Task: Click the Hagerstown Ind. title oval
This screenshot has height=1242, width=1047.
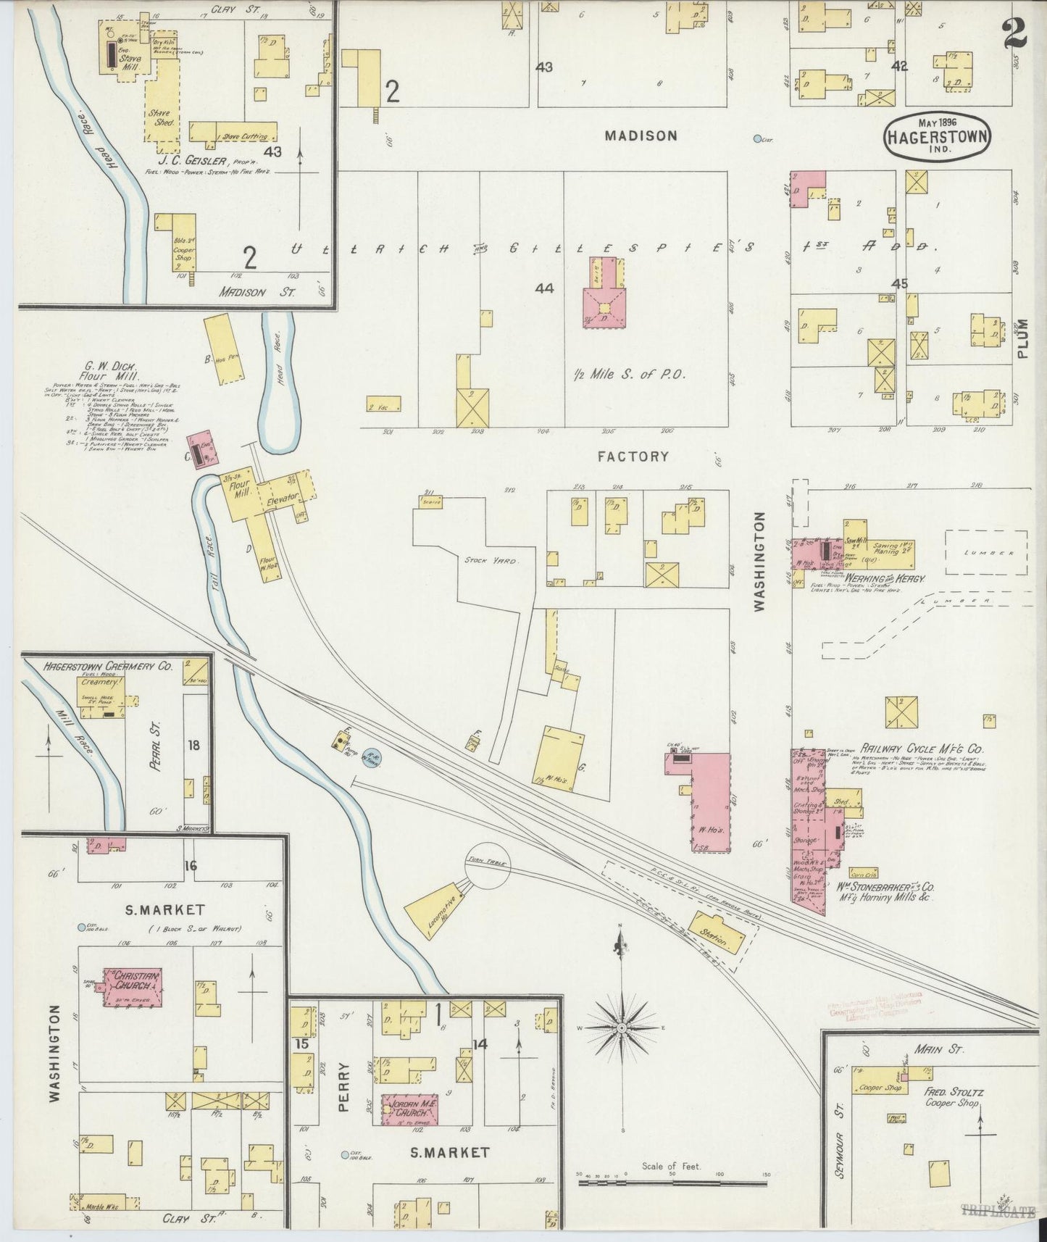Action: click(x=937, y=136)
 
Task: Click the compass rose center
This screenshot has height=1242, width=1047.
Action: click(x=622, y=1028)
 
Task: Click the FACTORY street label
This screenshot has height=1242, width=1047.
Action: click(x=633, y=457)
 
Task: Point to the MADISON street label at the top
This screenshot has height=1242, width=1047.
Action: click(x=641, y=136)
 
